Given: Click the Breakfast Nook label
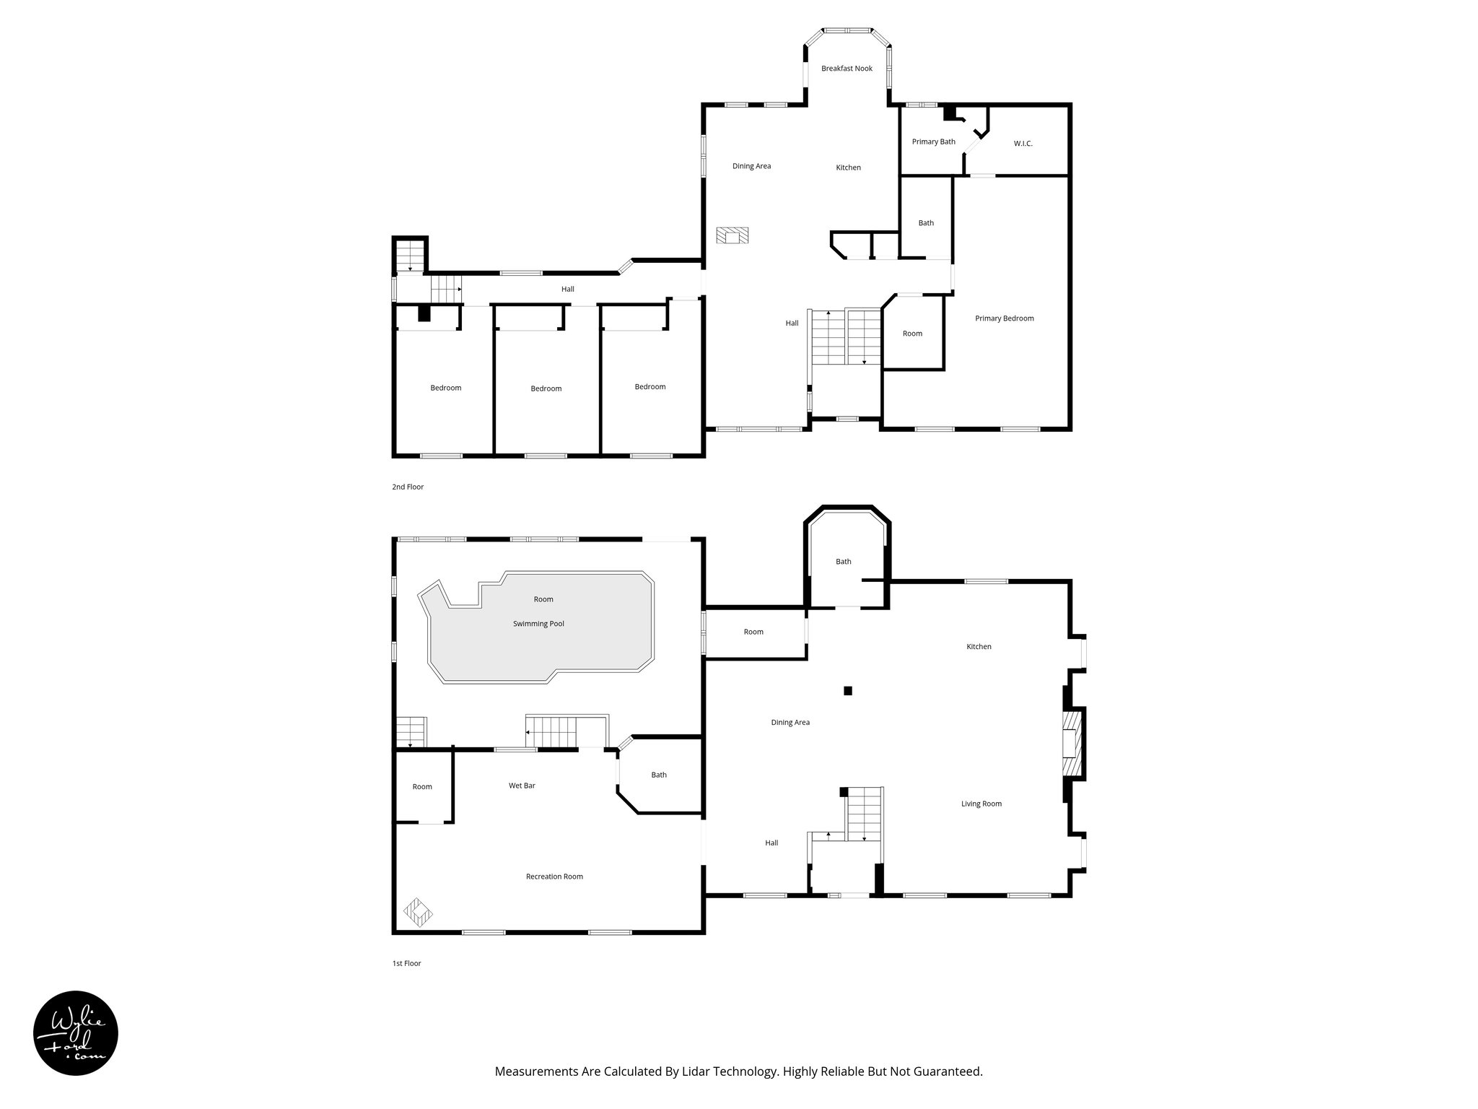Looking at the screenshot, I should tap(847, 69).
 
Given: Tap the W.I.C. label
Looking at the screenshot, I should tap(1023, 144).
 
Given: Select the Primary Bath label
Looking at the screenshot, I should tap(933, 142).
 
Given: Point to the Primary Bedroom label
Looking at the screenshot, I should tap(1004, 318).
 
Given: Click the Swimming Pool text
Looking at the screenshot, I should tap(538, 624).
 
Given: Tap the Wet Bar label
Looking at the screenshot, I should tap(522, 786).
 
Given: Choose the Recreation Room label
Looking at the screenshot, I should tap(554, 877).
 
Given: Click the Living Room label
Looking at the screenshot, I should tap(981, 804).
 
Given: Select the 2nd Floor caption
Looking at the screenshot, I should tap(408, 487).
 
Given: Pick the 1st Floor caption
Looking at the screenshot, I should tap(406, 963).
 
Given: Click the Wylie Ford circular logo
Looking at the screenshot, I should tap(76, 1032).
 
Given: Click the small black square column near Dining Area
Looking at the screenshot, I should tap(848, 691).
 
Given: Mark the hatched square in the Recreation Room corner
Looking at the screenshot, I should tap(418, 912).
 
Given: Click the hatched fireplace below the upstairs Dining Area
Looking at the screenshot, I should tap(733, 235).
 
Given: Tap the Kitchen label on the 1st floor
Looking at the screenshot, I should tap(979, 647).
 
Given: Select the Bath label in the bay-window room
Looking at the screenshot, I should tap(843, 562).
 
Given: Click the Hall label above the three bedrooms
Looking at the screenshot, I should tap(568, 290).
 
